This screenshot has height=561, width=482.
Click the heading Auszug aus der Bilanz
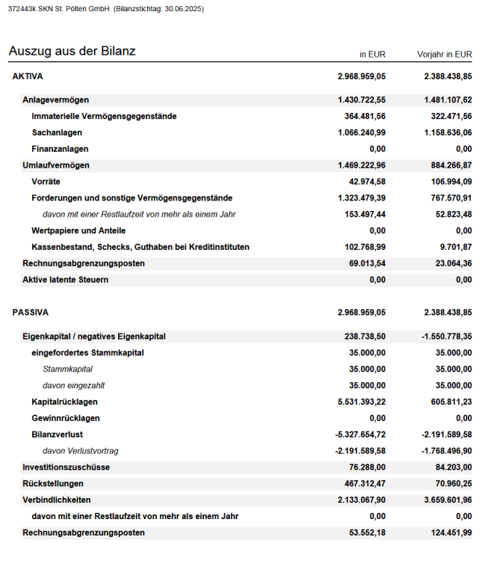72,51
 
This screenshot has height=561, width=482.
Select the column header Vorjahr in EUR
445,54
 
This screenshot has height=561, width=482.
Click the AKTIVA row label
28,76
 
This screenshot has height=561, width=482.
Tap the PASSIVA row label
30,312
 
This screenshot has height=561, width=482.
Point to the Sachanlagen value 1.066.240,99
362,132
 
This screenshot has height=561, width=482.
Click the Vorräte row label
46,182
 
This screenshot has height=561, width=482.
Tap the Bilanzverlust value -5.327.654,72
360,435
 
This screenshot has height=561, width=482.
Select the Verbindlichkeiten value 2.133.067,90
362,500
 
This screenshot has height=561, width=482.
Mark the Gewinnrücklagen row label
66,418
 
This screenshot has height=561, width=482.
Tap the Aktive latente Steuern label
65,280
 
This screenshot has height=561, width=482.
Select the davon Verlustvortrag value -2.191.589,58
360,451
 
